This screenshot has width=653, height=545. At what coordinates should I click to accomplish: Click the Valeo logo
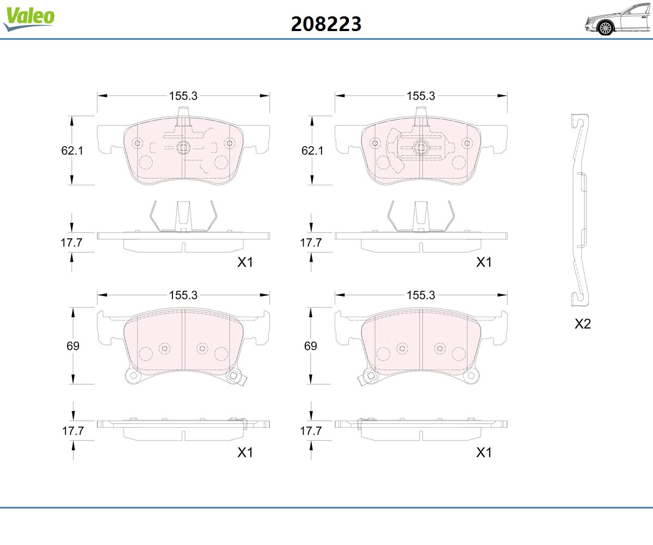tap(29, 19)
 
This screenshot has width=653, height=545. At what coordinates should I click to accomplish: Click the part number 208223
tap(326, 24)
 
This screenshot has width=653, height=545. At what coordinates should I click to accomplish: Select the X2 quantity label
tap(583, 324)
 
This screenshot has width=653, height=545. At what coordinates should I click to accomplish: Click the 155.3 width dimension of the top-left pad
tap(183, 96)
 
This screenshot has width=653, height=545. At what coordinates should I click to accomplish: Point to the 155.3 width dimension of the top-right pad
tap(421, 96)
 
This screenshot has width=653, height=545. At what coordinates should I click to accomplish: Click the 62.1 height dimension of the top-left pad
tap(72, 150)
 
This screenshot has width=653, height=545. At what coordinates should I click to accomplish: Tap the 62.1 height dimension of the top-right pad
tap(312, 150)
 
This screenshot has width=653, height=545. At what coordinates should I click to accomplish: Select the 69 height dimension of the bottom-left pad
tap(73, 346)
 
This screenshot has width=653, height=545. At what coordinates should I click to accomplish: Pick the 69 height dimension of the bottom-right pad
tap(311, 346)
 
